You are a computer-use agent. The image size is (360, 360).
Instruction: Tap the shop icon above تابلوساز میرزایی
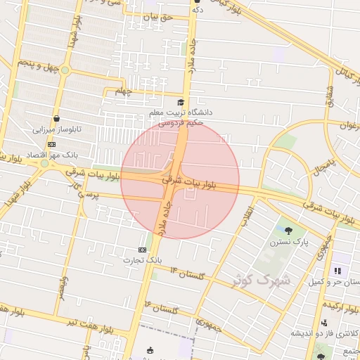[56, 118]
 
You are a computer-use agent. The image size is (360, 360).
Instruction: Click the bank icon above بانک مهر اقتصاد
[52, 143]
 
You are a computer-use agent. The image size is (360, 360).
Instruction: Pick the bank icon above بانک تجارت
[143, 250]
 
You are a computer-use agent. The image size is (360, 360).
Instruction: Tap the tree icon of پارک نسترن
[288, 230]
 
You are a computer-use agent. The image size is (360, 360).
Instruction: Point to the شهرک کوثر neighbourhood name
[262, 279]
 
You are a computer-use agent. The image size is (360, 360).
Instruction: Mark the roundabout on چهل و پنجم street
[65, 70]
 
